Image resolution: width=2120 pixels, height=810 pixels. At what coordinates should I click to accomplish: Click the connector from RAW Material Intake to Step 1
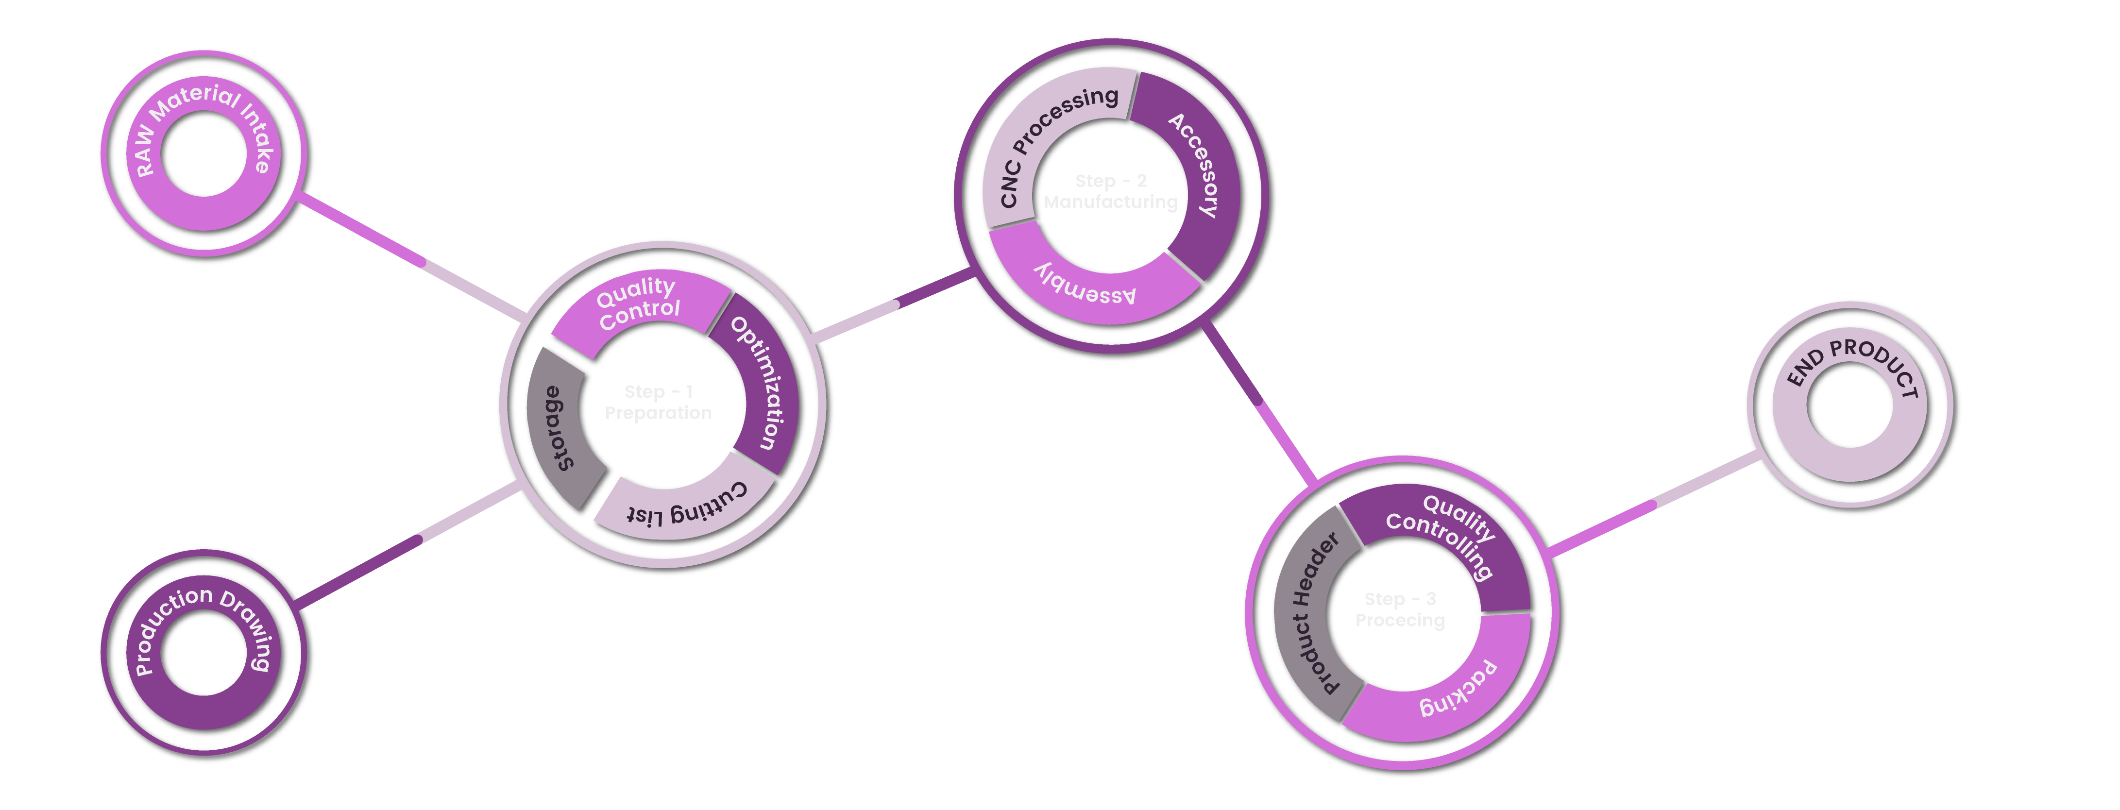click(411, 257)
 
